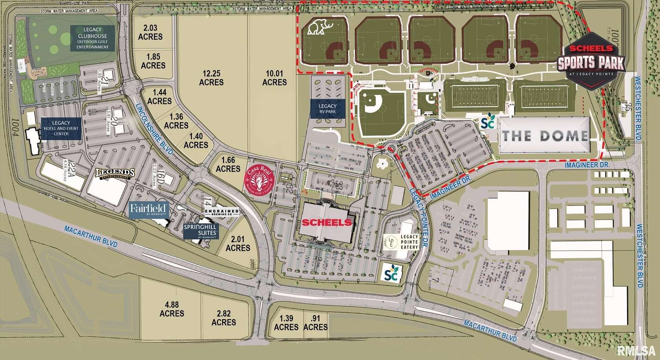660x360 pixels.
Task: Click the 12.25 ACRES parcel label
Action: click(x=211, y=78)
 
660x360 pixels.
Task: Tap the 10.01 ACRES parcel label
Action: click(x=274, y=78)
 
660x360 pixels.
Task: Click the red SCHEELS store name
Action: click(x=326, y=222)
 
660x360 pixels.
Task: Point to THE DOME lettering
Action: click(x=545, y=136)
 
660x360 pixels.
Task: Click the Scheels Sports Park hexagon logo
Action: click(x=591, y=59)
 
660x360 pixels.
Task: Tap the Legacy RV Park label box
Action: click(x=327, y=109)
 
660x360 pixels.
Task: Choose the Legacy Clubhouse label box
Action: click(x=93, y=38)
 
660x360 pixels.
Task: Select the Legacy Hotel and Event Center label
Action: click(x=61, y=129)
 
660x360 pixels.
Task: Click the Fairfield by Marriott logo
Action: click(x=149, y=210)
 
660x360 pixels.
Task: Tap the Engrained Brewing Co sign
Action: click(x=222, y=213)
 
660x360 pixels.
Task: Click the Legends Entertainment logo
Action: click(x=115, y=173)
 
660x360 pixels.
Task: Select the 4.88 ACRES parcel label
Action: click(x=172, y=309)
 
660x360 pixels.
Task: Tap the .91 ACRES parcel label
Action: click(x=315, y=323)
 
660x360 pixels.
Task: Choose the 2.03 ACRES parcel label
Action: click(x=150, y=32)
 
